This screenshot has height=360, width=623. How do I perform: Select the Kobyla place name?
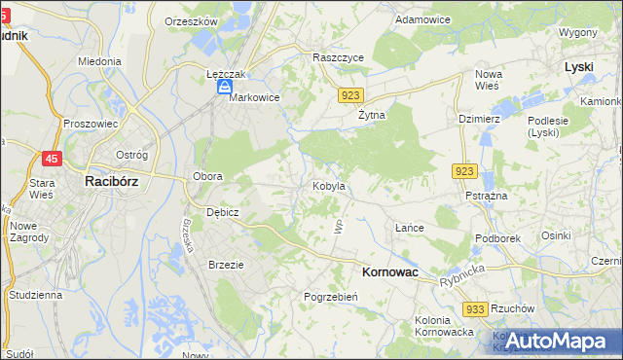pyautogui.click(x=329, y=185)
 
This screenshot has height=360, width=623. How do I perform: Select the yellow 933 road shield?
pyautogui.click(x=475, y=308)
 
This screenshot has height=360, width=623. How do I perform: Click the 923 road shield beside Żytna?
pyautogui.click(x=352, y=95)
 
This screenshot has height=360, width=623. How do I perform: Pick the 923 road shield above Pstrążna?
pyautogui.click(x=463, y=171)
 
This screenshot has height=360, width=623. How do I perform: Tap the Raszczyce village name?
pyautogui.click(x=338, y=57)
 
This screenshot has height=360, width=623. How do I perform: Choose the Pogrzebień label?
pyautogui.click(x=332, y=296)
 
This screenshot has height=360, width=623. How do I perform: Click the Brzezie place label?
pyautogui.click(x=226, y=264)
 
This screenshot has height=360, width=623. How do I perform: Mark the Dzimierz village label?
pyautogui.click(x=478, y=118)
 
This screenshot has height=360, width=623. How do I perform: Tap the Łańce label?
pyautogui.click(x=409, y=228)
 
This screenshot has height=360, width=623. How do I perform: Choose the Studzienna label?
pyautogui.click(x=35, y=294)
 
